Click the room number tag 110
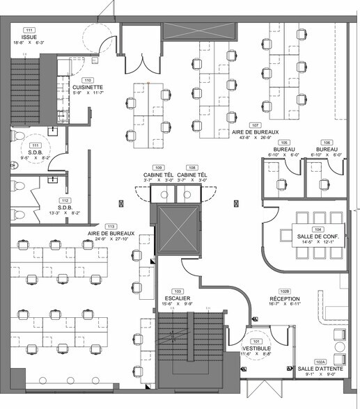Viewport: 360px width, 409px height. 88,79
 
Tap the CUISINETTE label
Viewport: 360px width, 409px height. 88,87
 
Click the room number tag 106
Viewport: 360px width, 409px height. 327,142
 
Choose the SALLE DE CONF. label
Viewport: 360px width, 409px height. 317,236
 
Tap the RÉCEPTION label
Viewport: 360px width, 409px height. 284,298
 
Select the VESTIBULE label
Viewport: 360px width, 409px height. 256,348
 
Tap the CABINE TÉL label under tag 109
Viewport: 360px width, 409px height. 158,175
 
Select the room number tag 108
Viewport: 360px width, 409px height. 192,168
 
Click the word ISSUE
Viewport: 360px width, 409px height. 29,37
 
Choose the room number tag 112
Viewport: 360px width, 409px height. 64,199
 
